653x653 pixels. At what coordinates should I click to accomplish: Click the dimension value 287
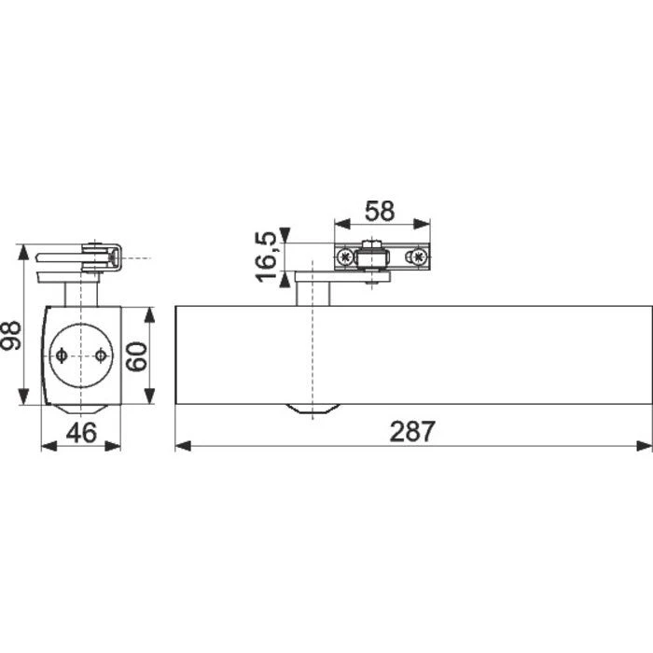[x=411, y=431]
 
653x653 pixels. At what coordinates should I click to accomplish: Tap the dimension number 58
[x=380, y=210]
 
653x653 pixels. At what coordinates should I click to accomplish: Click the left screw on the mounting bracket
[x=346, y=256]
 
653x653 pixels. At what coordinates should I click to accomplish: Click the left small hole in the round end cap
[x=61, y=355]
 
